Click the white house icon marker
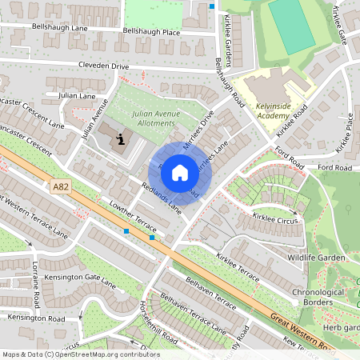pos(180,172)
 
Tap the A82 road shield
pos(60,186)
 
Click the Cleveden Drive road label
pos(103,66)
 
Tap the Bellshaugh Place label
pos(152,32)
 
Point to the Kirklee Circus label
pos(274,217)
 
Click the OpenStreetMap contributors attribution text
pos(80,354)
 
